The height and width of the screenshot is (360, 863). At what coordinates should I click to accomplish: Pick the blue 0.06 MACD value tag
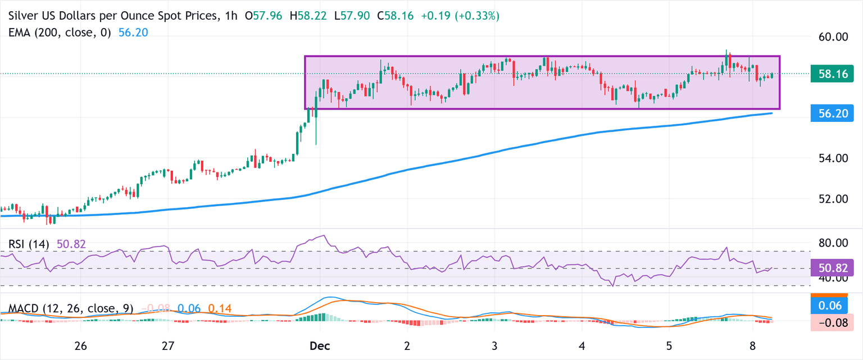point(829,305)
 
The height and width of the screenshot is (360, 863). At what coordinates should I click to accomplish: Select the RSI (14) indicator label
point(29,244)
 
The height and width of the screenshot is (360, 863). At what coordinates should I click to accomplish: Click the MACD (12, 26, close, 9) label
point(70,308)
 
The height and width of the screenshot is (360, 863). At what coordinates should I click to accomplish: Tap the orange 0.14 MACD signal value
point(219,308)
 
